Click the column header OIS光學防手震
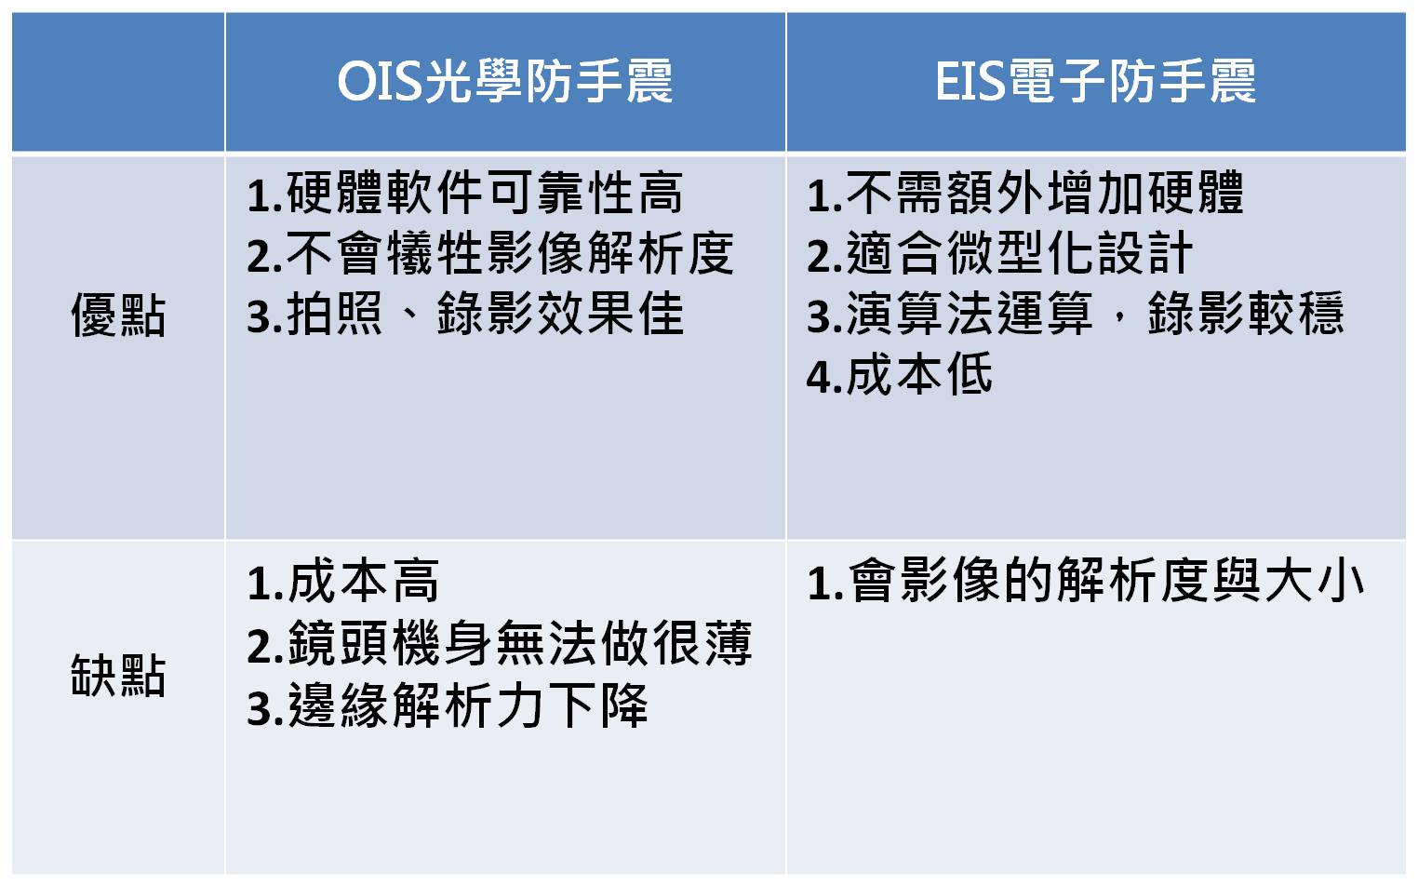(505, 82)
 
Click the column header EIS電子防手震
(1095, 82)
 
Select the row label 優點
(118, 315)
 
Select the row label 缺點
(118, 675)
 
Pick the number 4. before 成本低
(824, 377)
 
